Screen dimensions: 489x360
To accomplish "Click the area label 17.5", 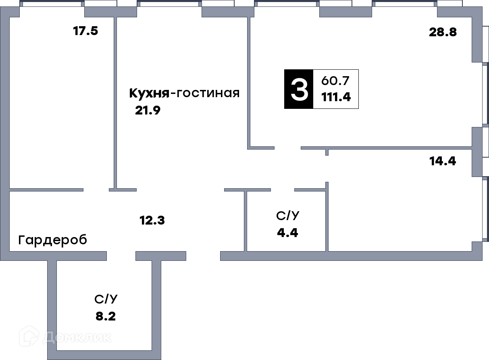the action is pos(85,31).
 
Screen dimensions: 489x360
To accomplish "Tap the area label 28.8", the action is pos(443,32).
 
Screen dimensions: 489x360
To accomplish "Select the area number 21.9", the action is pos(148,110).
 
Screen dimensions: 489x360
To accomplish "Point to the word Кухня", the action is pos(149,94).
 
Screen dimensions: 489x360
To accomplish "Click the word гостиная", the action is pos(208,93).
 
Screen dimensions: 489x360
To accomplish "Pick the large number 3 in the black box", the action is pos(299,89).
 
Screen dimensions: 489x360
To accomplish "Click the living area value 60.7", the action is pos(335,81).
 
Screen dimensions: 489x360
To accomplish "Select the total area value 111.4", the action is pos(336,97).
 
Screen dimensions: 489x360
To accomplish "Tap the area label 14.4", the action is pos(443,161).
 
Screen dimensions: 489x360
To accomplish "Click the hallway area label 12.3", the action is pos(152,220).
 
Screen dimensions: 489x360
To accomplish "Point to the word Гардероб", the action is pos(53,240).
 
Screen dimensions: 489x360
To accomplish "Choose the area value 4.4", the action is pos(287,233).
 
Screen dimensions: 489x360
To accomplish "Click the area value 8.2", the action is pos(106,316).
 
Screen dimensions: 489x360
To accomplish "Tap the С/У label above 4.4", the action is pos(287,216).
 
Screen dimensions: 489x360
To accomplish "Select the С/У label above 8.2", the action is pos(106,299).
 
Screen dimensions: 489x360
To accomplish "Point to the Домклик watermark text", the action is pos(77,337).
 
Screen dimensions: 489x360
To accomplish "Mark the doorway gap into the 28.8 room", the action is pos(287,148).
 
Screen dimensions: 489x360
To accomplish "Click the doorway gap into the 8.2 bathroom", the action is pos(121,256).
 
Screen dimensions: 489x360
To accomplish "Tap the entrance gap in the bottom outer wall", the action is pos(203,256).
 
